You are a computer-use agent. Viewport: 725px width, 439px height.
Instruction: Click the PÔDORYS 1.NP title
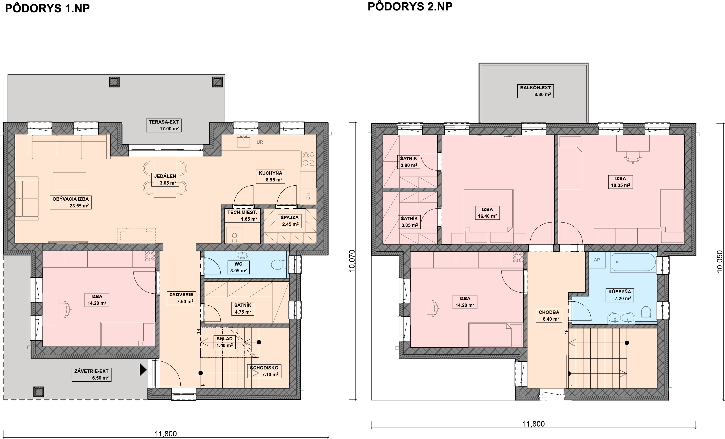click(47, 9)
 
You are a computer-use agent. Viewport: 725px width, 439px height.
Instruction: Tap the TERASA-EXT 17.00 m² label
click(164, 125)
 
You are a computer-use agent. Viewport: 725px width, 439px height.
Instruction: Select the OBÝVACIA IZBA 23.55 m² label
click(71, 202)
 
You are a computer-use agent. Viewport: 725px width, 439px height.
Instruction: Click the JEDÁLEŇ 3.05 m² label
click(165, 179)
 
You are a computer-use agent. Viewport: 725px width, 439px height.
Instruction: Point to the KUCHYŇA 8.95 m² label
click(270, 176)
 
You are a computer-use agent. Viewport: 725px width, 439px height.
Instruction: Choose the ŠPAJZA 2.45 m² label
click(290, 221)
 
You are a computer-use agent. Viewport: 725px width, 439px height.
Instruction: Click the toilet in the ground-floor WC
click(278, 264)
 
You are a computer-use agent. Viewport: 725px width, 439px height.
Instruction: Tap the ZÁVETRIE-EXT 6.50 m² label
click(91, 374)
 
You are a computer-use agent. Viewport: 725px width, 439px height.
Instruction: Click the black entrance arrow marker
click(143, 369)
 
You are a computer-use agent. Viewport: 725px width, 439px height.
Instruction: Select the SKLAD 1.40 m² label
click(224, 342)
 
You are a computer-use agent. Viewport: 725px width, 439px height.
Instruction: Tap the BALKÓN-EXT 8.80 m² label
click(536, 91)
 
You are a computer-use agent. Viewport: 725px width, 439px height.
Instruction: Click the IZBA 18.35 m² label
click(621, 182)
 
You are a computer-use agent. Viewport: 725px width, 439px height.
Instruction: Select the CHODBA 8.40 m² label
click(549, 315)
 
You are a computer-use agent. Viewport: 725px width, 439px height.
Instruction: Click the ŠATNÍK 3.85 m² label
click(409, 222)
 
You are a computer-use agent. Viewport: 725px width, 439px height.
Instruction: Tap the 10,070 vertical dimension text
click(352, 261)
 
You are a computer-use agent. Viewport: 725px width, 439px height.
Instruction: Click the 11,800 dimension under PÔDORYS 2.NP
click(533, 424)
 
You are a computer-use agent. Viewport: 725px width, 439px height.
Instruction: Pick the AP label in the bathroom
click(597, 260)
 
